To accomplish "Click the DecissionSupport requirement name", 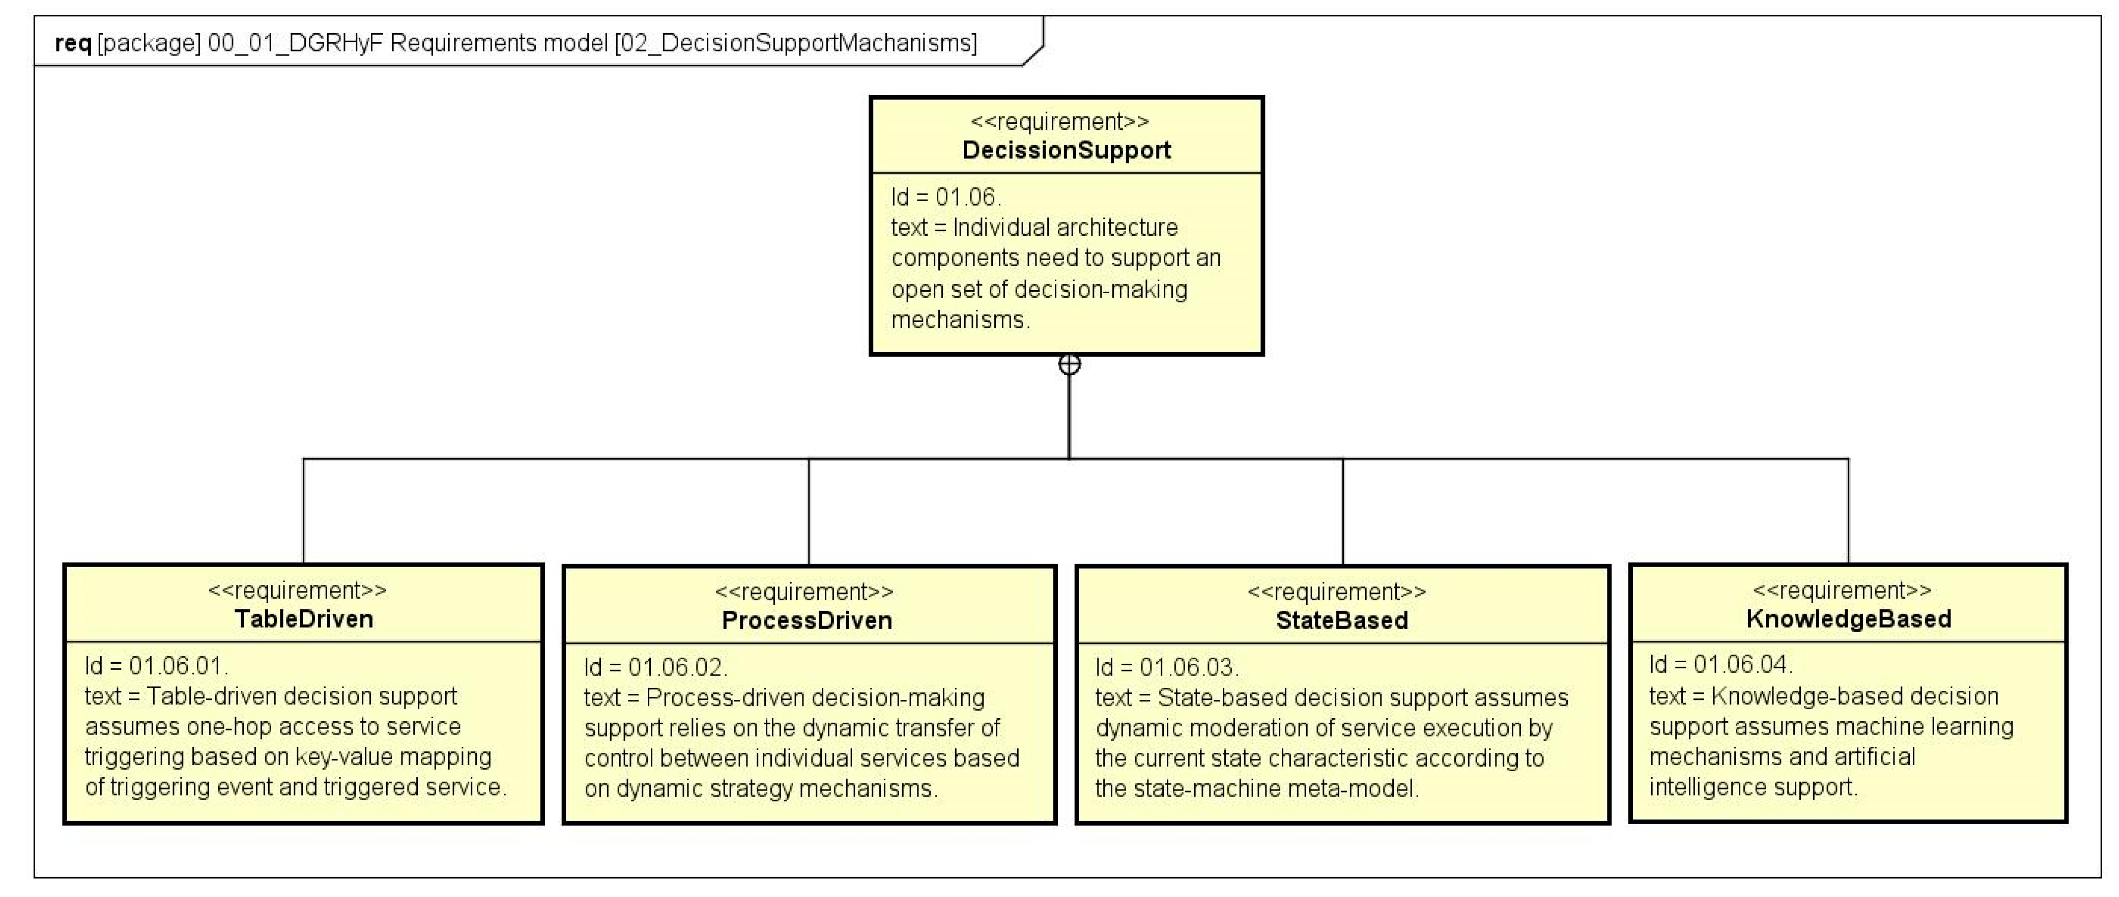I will click(1066, 151).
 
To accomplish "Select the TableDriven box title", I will click(303, 619).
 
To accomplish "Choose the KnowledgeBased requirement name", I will click(1847, 619).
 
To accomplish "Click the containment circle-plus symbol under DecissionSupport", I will click(1069, 364).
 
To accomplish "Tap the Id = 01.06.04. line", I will click(1720, 664).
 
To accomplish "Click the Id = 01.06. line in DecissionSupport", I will click(946, 197).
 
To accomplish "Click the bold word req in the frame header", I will click(72, 43).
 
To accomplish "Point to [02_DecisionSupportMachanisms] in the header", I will click(796, 43).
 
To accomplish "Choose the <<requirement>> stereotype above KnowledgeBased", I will click(1842, 590).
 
